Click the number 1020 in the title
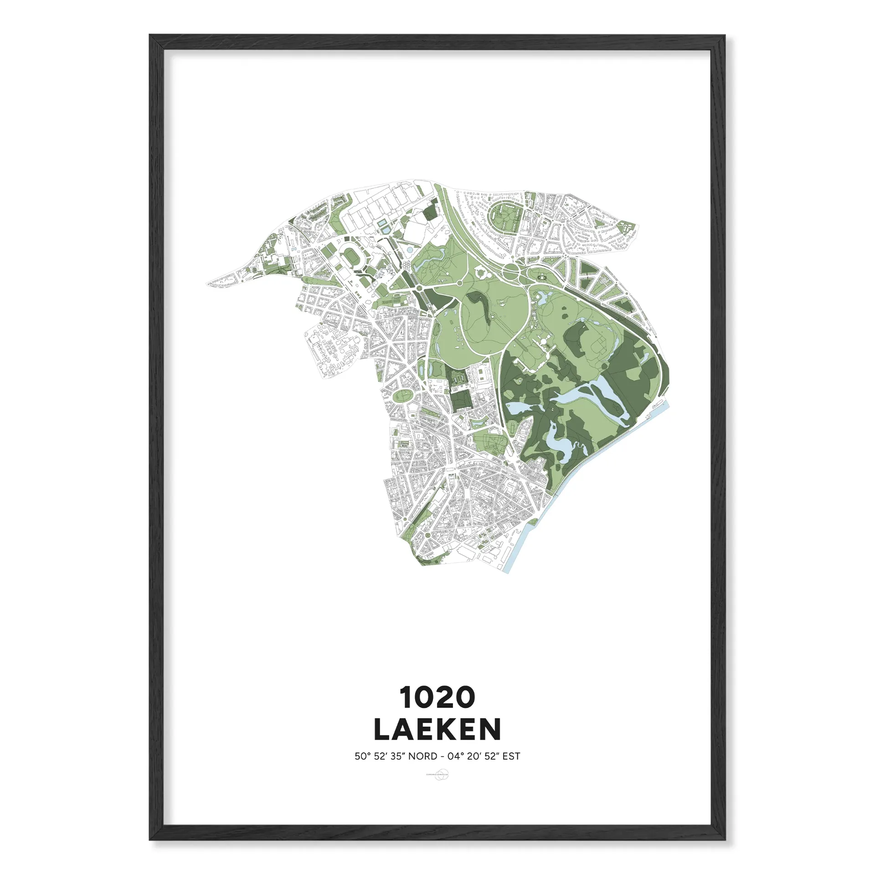[437, 697]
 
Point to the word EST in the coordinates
[511, 757]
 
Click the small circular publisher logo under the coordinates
[437, 774]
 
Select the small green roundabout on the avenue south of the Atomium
[420, 288]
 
